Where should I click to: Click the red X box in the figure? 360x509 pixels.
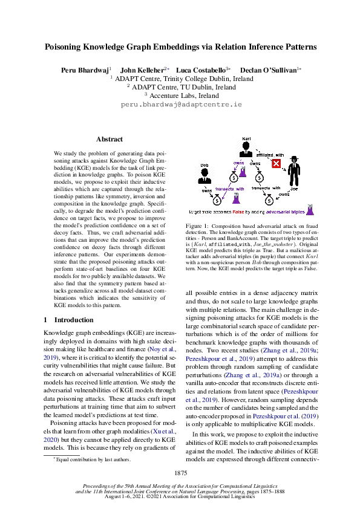[x=276, y=163]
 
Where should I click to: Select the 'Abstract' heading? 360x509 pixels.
[x=110, y=139]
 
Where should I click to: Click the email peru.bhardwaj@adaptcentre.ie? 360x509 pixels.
[x=181, y=105]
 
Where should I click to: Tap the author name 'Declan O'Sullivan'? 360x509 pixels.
[x=268, y=70]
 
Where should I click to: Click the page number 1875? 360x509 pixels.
[x=180, y=472]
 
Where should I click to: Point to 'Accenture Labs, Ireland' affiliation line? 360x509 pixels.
[x=181, y=95]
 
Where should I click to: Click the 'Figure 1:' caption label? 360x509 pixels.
[x=196, y=225]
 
